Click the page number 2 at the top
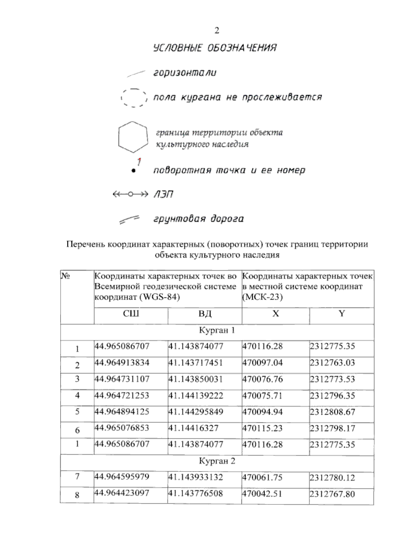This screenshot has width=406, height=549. [217, 31]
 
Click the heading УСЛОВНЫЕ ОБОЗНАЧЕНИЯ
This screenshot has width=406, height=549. [215, 48]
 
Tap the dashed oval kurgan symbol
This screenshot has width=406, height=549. [134, 98]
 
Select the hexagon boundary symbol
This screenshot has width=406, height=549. [133, 137]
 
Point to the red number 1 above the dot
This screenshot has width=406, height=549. [139, 161]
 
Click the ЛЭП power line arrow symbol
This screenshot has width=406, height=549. [130, 194]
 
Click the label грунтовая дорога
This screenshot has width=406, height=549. [199, 219]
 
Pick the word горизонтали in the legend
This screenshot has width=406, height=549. [185, 73]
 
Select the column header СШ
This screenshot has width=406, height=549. [131, 314]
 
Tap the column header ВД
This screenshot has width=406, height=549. [205, 314]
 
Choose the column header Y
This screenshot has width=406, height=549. [341, 314]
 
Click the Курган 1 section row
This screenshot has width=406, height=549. [217, 330]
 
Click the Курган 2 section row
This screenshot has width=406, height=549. [217, 461]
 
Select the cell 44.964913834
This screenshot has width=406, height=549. [122, 363]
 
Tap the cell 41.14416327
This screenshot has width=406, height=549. [194, 428]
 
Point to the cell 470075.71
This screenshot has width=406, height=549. [262, 396]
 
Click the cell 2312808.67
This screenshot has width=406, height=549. [332, 412]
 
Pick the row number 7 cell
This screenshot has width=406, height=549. [77, 477]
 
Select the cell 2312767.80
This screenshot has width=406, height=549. [332, 494]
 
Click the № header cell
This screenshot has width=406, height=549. [66, 277]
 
